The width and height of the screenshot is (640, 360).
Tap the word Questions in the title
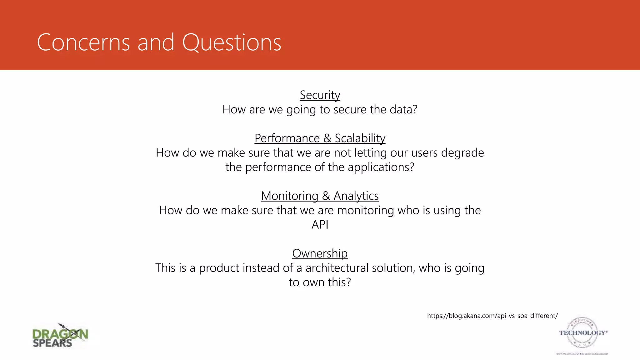(x=232, y=42)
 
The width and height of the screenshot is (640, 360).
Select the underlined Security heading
(x=320, y=95)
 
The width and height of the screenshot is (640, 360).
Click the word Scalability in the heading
(x=360, y=138)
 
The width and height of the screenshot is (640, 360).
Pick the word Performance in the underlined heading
(x=287, y=138)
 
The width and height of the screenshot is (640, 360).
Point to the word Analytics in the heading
(x=356, y=196)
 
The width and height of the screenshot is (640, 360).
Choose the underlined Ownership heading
(x=320, y=253)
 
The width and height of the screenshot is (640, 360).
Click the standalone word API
(x=320, y=225)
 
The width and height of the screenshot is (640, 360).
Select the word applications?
(x=381, y=167)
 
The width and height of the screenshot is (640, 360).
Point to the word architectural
(x=337, y=268)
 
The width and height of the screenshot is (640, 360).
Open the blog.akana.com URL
(x=492, y=316)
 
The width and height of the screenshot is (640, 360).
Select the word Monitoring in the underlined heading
(x=289, y=196)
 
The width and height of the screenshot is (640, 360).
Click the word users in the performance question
(x=424, y=153)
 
